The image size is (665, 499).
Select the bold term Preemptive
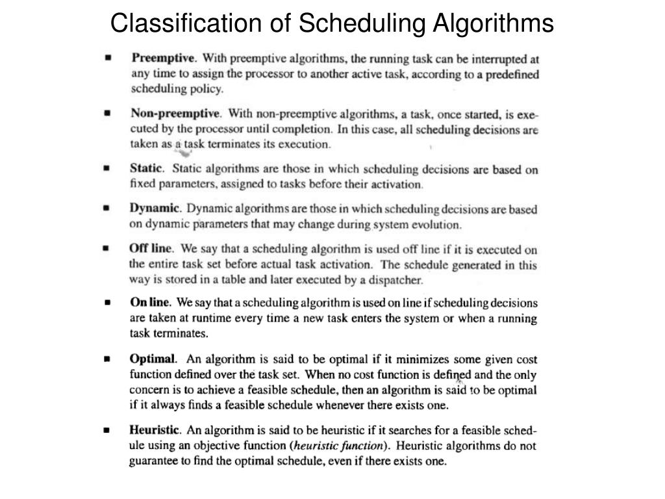tap(164, 57)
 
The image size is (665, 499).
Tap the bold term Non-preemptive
tap(175, 113)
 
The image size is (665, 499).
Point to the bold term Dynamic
tap(154, 209)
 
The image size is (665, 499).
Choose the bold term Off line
tap(151, 248)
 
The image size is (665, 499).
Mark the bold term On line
tap(150, 302)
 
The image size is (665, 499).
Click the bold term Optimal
tap(153, 359)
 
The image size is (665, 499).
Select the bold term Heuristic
tap(155, 429)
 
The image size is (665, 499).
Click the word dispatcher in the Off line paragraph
tap(395, 281)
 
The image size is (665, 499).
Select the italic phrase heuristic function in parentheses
tap(338, 446)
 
